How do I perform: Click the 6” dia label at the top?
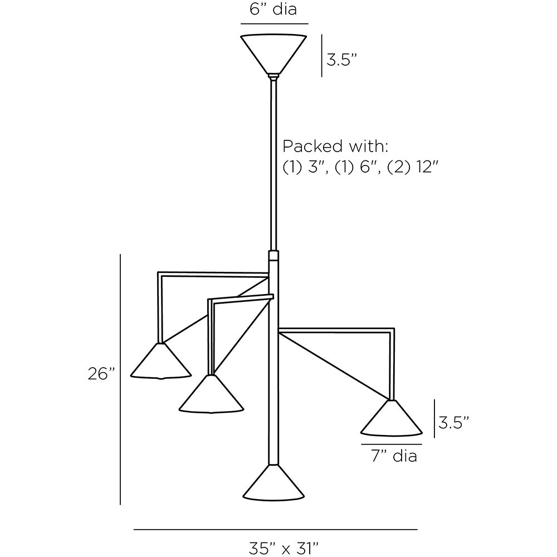click(x=273, y=9)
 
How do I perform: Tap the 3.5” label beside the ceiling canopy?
click(x=341, y=60)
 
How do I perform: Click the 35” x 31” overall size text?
click(x=283, y=548)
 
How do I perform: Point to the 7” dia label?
click(x=394, y=456)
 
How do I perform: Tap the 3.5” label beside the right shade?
click(x=453, y=423)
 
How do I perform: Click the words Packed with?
click(x=335, y=146)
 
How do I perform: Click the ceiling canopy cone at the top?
click(x=273, y=55)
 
